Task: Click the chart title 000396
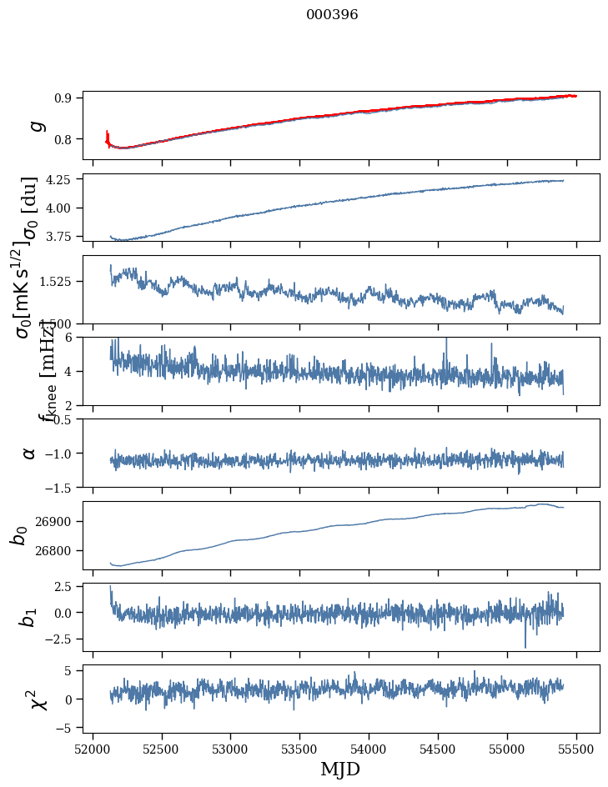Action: [332, 14]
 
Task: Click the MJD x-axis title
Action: [340, 769]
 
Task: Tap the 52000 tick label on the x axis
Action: [93, 748]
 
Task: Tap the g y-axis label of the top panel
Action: [33, 126]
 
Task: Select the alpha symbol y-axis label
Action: [29, 453]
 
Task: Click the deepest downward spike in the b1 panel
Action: [525, 646]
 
